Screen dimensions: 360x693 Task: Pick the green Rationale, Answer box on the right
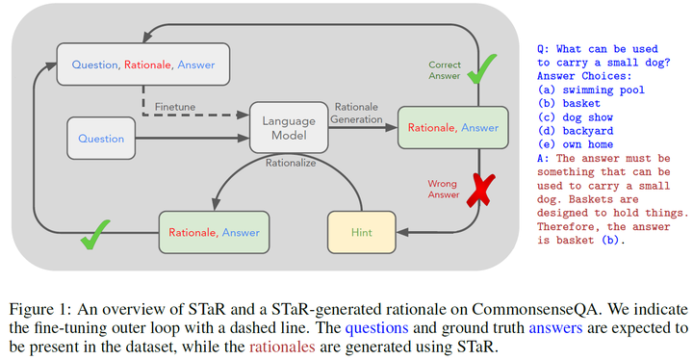coord(452,127)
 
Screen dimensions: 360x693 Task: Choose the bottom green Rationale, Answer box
coord(213,232)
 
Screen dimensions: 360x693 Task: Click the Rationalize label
coord(293,163)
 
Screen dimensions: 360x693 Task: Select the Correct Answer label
coord(445,71)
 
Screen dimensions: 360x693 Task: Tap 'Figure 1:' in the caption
coord(45,310)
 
